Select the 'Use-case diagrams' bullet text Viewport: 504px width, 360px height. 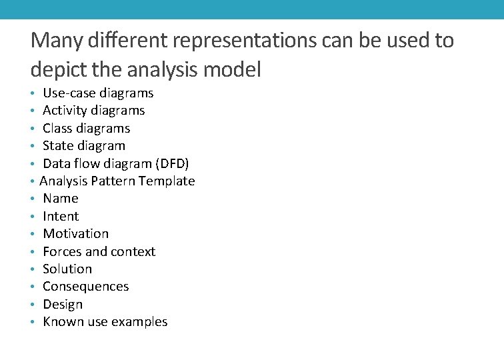pyautogui.click(x=98, y=93)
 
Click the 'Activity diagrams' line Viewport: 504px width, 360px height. pyautogui.click(x=93, y=110)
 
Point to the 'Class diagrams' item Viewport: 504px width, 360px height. pyautogui.click(x=86, y=128)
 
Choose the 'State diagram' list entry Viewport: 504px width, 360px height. pyautogui.click(x=83, y=145)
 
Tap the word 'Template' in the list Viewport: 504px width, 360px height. pyautogui.click(x=167, y=181)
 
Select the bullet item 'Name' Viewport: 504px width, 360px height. pyautogui.click(x=61, y=198)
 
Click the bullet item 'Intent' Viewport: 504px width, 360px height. pyautogui.click(x=61, y=216)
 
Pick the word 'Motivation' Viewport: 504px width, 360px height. pyautogui.click(x=75, y=233)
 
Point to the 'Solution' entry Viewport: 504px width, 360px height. pyautogui.click(x=67, y=269)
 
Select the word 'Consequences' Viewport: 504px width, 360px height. pyautogui.click(x=85, y=286)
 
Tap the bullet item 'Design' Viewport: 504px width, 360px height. pyautogui.click(x=63, y=304)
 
